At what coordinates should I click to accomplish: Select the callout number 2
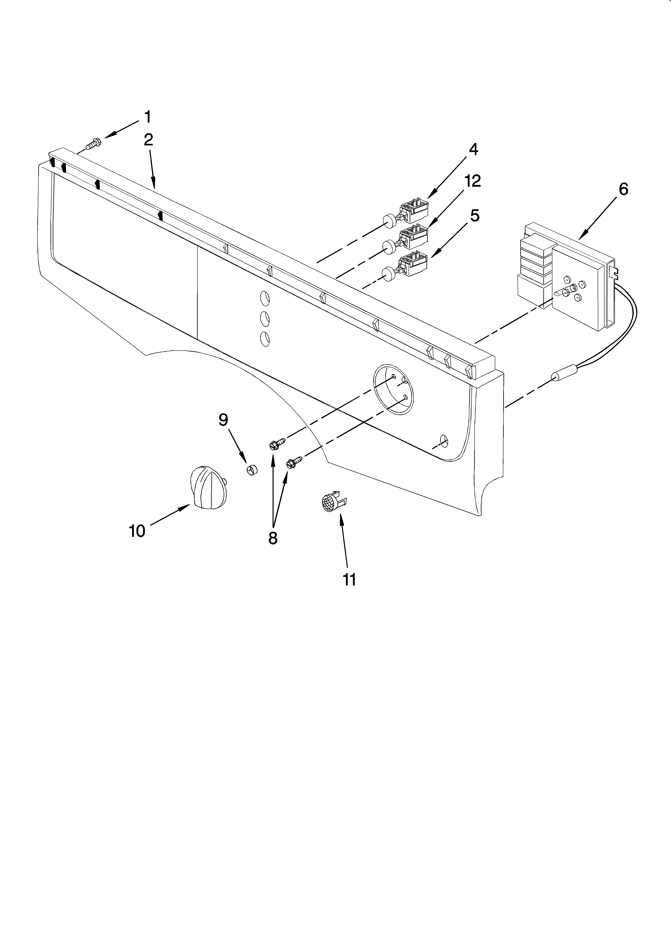148,140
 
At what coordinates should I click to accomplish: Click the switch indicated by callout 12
413,237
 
